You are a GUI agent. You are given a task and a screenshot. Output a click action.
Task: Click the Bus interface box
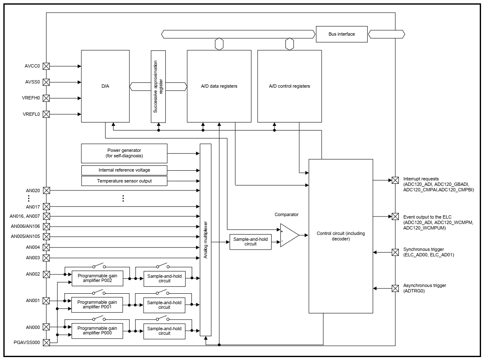coord(342,34)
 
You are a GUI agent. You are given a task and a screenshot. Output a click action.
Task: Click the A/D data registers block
coord(219,86)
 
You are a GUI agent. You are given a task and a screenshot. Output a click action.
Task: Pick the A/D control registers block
coord(290,86)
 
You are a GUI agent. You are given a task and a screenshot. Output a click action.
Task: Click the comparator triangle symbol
coord(289,235)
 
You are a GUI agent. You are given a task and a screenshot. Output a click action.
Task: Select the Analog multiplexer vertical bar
coord(206,240)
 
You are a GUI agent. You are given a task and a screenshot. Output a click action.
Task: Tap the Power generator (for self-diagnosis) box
coord(124,154)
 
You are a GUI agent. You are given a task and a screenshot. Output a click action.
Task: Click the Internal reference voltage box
coord(124,170)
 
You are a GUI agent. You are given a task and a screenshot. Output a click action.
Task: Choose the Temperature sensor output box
coord(124,181)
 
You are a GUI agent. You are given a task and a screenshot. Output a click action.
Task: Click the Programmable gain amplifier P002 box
coord(97,278)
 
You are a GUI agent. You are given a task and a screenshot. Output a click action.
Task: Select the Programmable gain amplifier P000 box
coord(97,330)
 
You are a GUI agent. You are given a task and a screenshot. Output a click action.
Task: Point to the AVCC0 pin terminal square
coord(47,66)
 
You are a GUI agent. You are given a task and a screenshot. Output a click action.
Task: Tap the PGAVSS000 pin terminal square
coord(47,342)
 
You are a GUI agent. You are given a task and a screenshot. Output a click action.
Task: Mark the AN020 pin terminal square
coord(47,190)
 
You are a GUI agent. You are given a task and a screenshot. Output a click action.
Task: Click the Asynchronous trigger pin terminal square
coord(395,288)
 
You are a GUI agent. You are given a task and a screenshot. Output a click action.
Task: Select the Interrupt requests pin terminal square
coord(395,180)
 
